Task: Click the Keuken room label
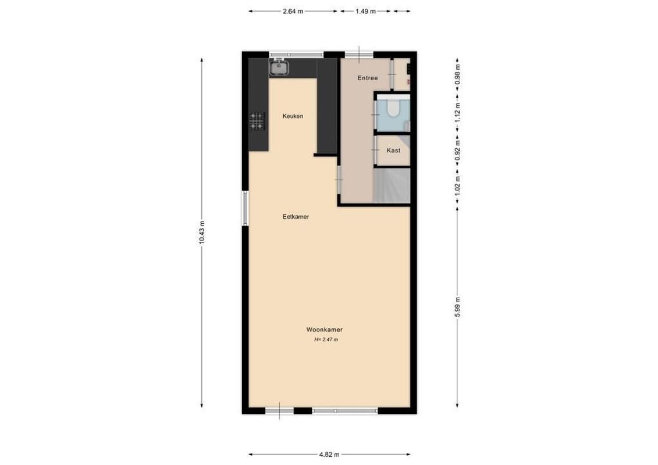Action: click(293, 116)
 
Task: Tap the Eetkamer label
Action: click(296, 217)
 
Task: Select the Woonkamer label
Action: click(325, 330)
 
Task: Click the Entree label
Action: click(368, 78)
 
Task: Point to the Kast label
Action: click(394, 151)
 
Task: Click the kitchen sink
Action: click(279, 67)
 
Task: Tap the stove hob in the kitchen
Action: click(257, 121)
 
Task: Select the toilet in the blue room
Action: click(393, 109)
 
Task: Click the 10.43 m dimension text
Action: click(202, 232)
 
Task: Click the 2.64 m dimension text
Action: click(292, 11)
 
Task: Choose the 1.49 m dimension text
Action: click(365, 11)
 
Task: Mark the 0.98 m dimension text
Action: click(458, 74)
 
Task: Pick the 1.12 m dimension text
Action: click(458, 110)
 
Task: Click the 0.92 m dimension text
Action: click(458, 151)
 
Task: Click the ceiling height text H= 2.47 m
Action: click(326, 339)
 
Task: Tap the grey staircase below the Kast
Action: click(393, 186)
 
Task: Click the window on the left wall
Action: click(246, 210)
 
